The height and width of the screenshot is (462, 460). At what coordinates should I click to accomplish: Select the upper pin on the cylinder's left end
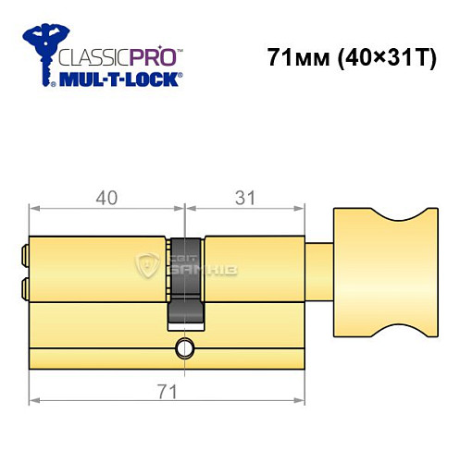point(24,251)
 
